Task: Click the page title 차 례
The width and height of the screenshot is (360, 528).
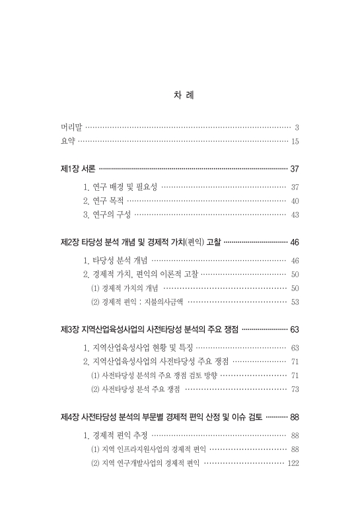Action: [x=180, y=96]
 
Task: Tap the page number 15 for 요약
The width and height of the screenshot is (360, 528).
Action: [x=295, y=141]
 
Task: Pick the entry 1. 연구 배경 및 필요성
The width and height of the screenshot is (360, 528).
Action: [x=120, y=187]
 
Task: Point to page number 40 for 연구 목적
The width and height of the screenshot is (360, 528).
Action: [x=295, y=201]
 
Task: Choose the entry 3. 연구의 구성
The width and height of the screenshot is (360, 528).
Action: [x=107, y=214]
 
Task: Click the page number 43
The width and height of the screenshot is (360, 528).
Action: [x=295, y=214]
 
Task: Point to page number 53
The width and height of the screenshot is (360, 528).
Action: [x=295, y=302]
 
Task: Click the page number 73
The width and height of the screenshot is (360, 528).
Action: [x=295, y=389]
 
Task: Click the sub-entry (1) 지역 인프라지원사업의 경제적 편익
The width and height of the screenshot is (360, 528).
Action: [x=148, y=449]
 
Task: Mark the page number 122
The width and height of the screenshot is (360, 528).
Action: [x=293, y=463]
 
